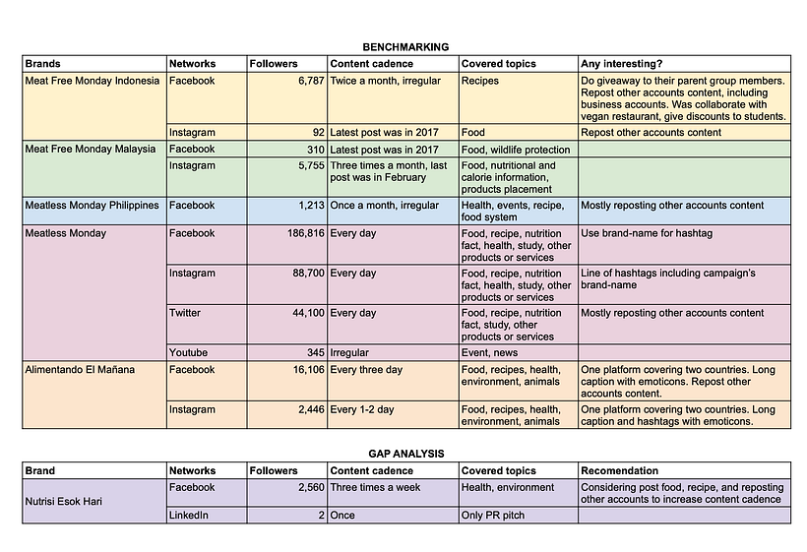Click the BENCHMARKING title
405,47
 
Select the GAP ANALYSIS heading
403,454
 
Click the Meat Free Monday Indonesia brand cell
92,81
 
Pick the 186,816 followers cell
297,233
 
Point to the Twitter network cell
186,313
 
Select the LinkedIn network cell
190,515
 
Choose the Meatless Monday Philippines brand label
92,206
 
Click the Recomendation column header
620,471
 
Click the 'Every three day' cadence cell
366,370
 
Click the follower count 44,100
302,313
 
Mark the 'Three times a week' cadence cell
375,487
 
